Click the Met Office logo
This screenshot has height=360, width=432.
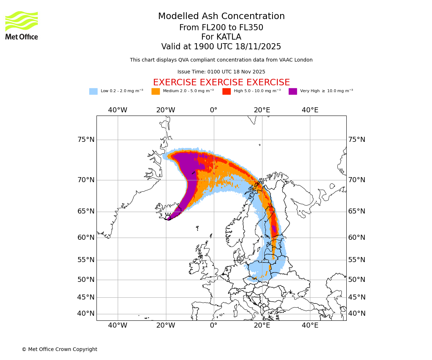22,25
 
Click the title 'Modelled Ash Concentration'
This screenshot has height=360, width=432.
221,17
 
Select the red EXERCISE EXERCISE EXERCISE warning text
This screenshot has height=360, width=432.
221,82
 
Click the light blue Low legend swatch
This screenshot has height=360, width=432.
93,91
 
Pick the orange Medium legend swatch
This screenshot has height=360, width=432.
156,91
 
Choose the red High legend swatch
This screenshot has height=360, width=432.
226,91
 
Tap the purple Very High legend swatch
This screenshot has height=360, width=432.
293,91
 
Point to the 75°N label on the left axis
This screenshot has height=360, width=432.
86,140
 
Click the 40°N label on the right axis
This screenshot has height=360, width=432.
356,314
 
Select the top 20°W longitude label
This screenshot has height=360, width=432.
166,110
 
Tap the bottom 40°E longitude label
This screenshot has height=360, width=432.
310,325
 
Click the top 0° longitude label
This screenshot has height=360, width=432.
214,110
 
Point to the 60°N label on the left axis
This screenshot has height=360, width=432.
86,238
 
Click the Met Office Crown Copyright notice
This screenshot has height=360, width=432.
59,349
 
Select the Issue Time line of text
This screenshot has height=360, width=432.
221,72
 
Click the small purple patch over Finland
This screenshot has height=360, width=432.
274,229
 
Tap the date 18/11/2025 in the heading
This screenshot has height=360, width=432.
258,47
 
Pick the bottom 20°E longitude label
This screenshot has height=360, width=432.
262,325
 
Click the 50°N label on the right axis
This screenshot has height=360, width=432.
356,280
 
